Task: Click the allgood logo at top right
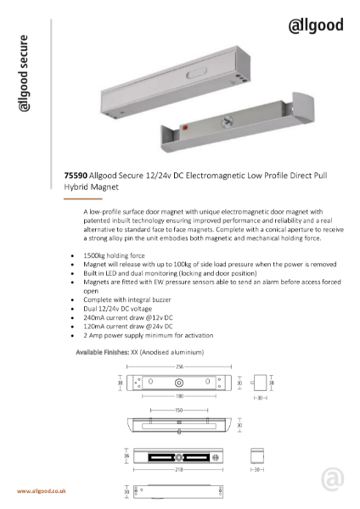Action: (x=316, y=26)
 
